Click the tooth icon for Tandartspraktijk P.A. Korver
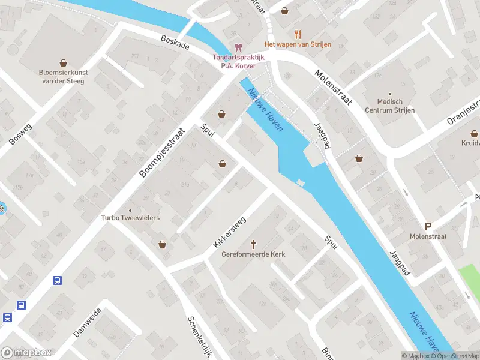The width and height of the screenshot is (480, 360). (238, 47)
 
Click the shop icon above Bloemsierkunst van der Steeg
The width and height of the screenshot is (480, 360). (63, 62)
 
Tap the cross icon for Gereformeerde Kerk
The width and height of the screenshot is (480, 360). (253, 244)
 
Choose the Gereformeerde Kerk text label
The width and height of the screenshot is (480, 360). (253, 254)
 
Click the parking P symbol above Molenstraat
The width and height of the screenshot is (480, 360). (428, 226)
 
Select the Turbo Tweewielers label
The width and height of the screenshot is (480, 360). (130, 218)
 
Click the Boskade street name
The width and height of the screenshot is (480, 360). (175, 42)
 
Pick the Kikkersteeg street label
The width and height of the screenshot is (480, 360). (229, 233)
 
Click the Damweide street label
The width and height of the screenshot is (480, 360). (88, 322)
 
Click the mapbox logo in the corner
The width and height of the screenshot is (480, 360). (26, 353)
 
